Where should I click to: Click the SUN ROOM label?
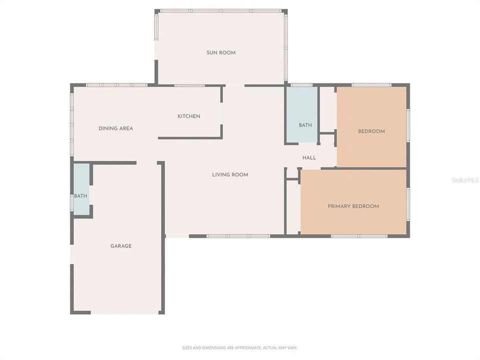click(x=220, y=52)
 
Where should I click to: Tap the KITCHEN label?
click(x=188, y=116)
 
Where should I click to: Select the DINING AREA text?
click(x=115, y=128)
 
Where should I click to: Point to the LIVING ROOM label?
click(x=230, y=174)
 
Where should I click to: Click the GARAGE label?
click(x=121, y=246)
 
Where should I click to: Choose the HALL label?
click(x=309, y=158)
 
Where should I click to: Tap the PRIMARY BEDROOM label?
click(x=353, y=206)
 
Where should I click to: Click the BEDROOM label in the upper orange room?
click(x=371, y=131)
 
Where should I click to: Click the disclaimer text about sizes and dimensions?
click(x=239, y=347)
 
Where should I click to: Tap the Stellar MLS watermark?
click(x=464, y=179)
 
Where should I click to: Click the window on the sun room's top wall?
click(x=220, y=11)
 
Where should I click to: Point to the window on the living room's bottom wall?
click(x=238, y=236)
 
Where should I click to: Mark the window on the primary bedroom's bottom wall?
click(x=359, y=236)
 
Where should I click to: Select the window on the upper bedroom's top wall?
click(x=371, y=85)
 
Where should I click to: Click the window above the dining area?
click(x=116, y=85)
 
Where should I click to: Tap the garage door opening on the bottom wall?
click(x=124, y=312)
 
